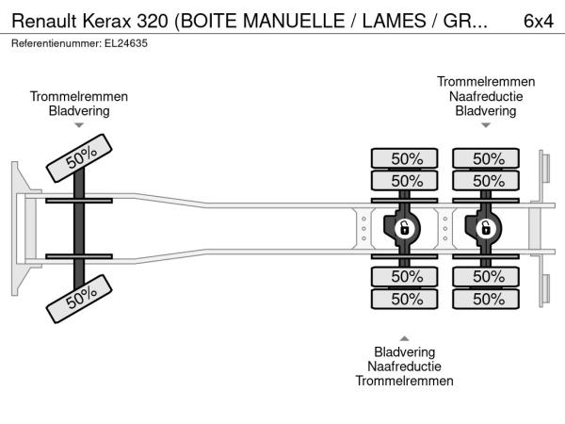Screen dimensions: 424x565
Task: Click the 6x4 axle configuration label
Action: click(x=537, y=21)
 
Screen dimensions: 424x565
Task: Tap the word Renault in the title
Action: click(x=42, y=21)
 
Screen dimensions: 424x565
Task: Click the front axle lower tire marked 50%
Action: click(x=82, y=299)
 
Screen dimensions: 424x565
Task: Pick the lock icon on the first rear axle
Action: click(x=405, y=228)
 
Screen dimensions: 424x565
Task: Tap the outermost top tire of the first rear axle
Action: click(x=406, y=158)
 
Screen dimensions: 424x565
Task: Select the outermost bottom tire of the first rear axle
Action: click(x=406, y=299)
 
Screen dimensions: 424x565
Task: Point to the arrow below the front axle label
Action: click(x=79, y=125)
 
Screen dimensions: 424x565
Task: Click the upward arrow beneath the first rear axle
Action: click(x=405, y=337)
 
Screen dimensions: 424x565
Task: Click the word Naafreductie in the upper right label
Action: click(x=486, y=96)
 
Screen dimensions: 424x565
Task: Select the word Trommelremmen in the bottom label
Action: click(x=405, y=381)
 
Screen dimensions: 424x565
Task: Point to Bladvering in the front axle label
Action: click(x=79, y=110)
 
